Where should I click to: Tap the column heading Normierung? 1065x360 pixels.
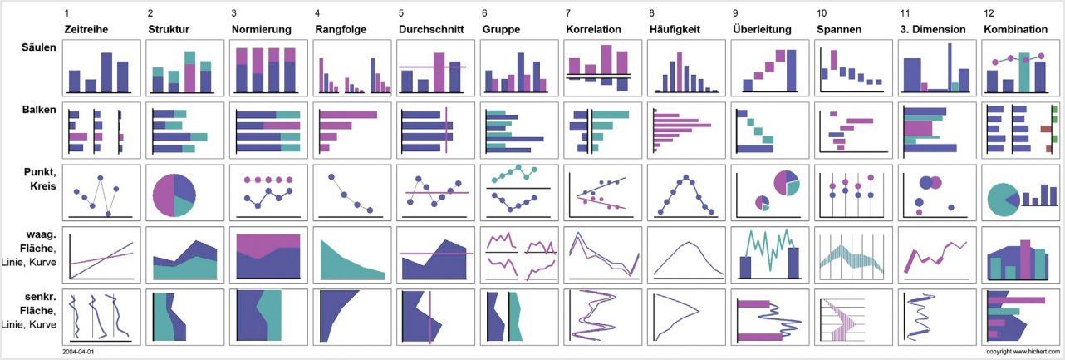point(261,29)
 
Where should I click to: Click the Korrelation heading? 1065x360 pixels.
point(593,29)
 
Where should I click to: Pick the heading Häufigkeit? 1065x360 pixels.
point(675,29)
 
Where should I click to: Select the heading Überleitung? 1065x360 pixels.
point(760,29)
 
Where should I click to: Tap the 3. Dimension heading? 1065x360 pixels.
point(932,29)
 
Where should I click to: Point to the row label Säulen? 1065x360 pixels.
point(39,47)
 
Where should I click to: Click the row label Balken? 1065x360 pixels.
point(39,109)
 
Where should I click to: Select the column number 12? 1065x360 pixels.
point(988,14)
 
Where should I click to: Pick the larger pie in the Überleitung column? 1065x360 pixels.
point(785,182)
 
